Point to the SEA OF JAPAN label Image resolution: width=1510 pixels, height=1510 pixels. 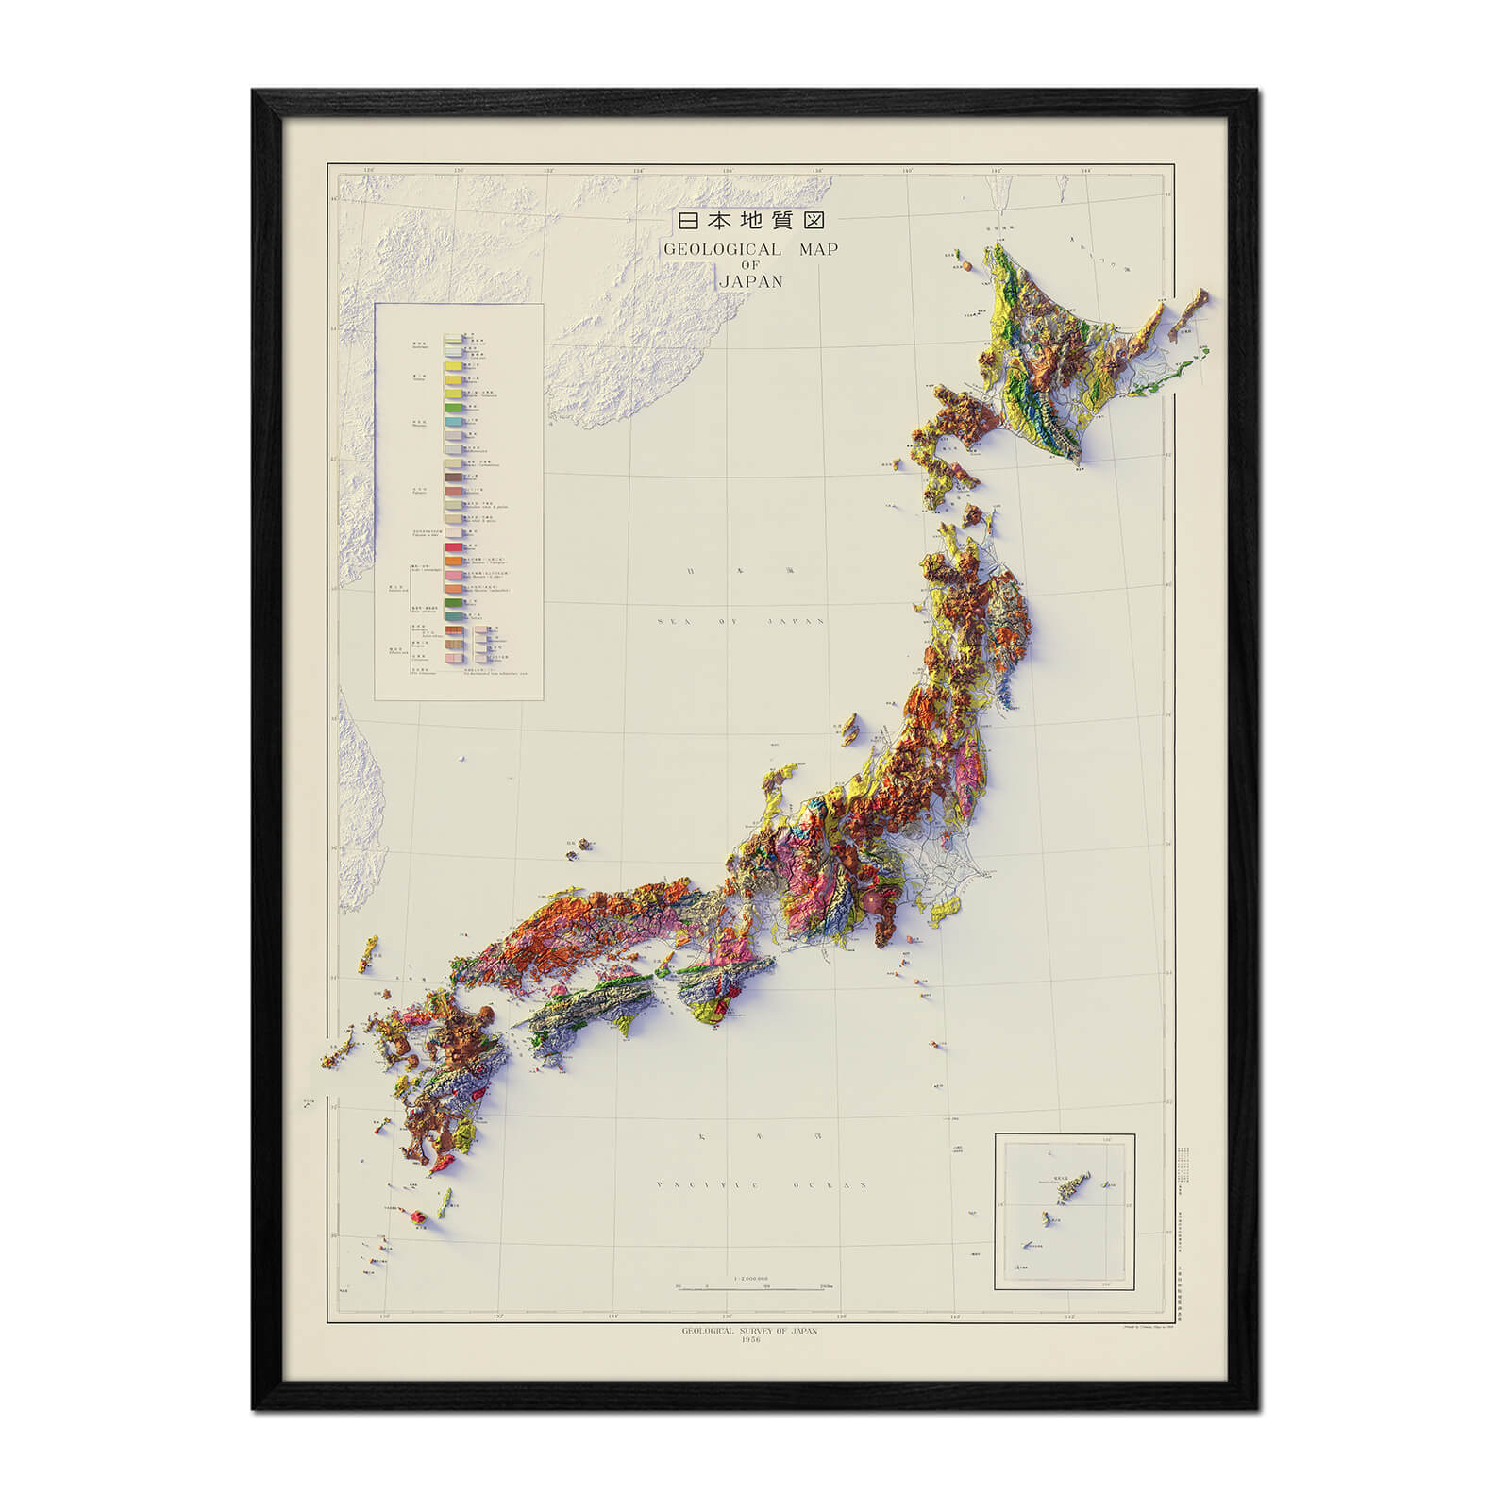tap(741, 621)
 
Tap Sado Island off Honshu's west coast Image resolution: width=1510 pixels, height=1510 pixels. tap(849, 727)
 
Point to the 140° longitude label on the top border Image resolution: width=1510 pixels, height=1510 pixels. tap(908, 171)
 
